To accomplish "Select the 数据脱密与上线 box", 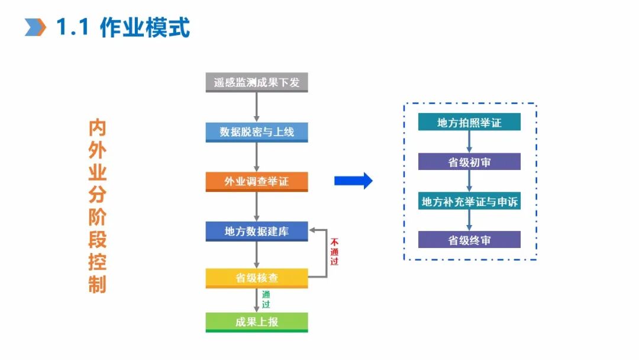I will pyautogui.click(x=257, y=132).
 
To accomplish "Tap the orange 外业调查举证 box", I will pyautogui.click(x=257, y=182).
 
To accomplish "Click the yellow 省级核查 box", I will pyautogui.click(x=257, y=278).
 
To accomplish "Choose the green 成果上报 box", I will pyautogui.click(x=257, y=322).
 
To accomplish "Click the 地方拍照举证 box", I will pyautogui.click(x=469, y=123).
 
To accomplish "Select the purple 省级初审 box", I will pyautogui.click(x=469, y=162).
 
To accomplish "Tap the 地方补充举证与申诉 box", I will pyautogui.click(x=469, y=201).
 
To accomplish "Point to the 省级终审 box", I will pyautogui.click(x=469, y=240).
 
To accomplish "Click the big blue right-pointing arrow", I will pyautogui.click(x=353, y=181).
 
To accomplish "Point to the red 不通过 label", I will pyautogui.click(x=334, y=252).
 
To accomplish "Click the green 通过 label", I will pyautogui.click(x=266, y=300).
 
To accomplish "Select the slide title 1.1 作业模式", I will pyautogui.click(x=123, y=27).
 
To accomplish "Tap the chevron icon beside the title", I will pyautogui.click(x=35, y=27).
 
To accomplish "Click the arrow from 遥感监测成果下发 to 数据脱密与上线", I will pyautogui.click(x=257, y=107).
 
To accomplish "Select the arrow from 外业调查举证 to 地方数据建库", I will pyautogui.click(x=257, y=207).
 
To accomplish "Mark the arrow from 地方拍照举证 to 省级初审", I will pyautogui.click(x=469, y=142).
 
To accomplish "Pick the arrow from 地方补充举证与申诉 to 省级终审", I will pyautogui.click(x=469, y=220).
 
